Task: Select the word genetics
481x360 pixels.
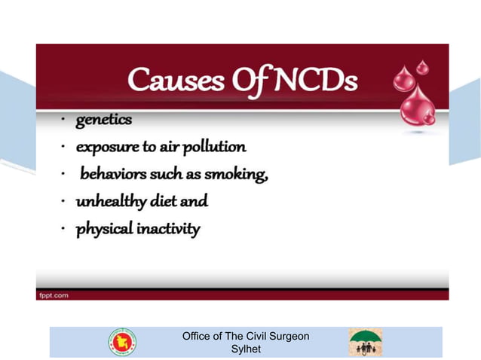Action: point(103,121)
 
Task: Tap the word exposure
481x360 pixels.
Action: point(107,147)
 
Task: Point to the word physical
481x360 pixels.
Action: point(104,229)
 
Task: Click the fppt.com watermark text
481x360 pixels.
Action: point(54,295)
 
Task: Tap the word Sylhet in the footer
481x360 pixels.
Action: point(246,349)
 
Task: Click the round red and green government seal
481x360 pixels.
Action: point(122,342)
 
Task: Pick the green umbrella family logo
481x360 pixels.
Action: point(364,342)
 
